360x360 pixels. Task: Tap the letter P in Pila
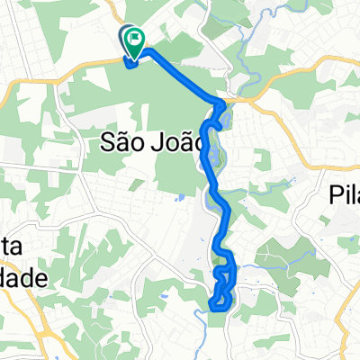tap(329, 194)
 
